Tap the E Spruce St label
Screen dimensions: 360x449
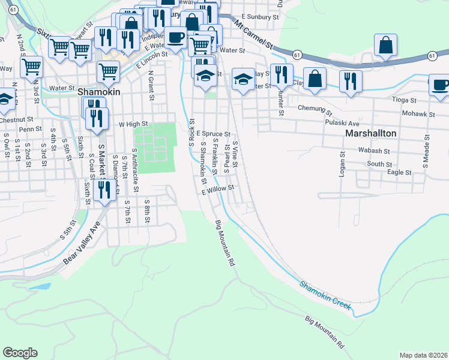[x=213, y=134]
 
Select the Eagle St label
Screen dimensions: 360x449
[x=399, y=172]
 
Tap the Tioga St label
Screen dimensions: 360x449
[x=404, y=100]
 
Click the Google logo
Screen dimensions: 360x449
[x=20, y=352]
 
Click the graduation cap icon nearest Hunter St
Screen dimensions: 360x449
[x=243, y=79]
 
